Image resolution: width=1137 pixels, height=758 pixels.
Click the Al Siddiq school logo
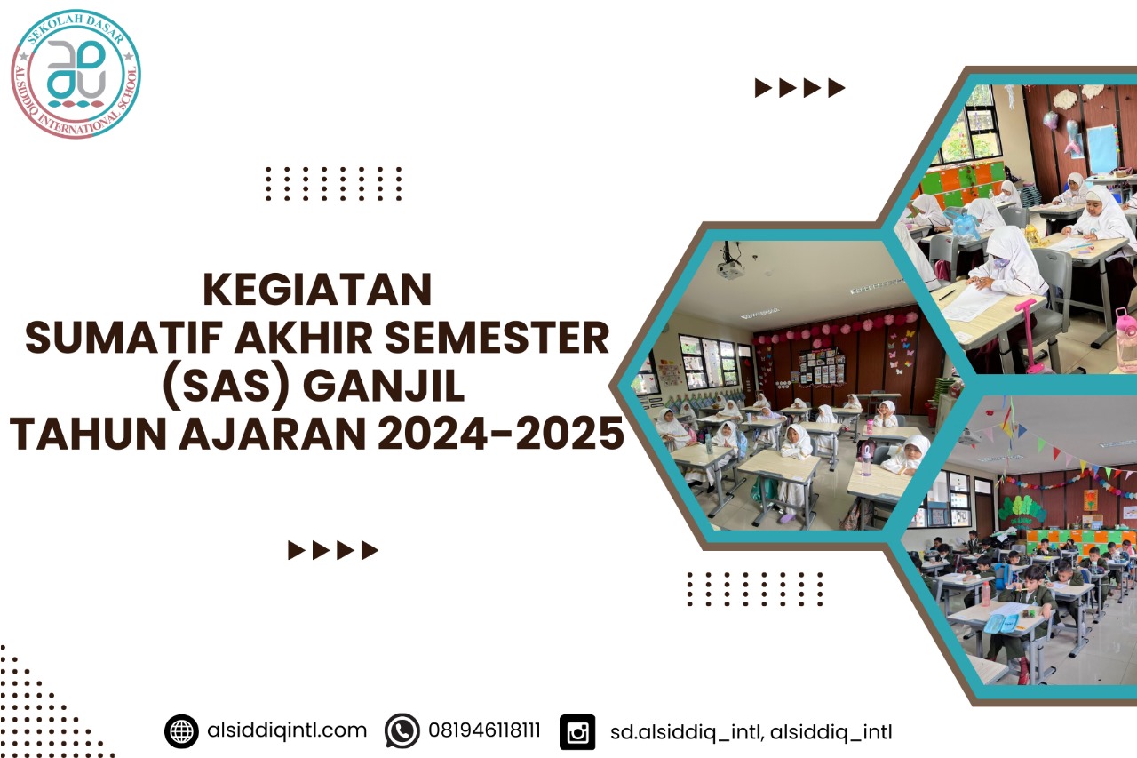point(76,75)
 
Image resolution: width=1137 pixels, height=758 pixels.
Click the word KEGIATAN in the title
point(318,290)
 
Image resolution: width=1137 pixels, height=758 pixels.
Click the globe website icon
point(181,731)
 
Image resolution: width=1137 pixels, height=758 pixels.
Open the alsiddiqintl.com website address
point(286,730)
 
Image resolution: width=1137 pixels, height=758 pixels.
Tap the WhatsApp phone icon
point(402,731)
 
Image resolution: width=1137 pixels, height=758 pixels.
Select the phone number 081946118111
point(484,731)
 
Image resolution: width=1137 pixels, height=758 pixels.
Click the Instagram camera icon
point(577,732)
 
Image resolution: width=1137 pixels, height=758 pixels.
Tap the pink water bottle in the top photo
point(1125,339)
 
